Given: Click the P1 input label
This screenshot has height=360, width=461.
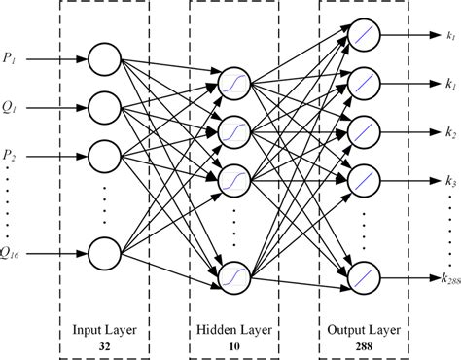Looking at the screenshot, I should [x=9, y=57].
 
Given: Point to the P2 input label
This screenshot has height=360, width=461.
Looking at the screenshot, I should [x=10, y=154].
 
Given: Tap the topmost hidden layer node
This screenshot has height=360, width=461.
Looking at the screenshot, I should [x=234, y=81].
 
